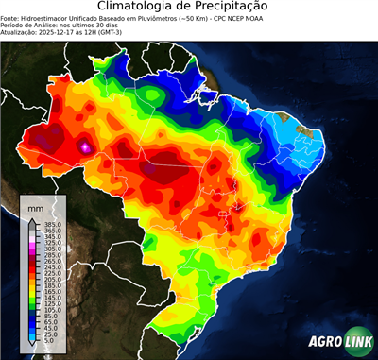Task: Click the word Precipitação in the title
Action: coord(233,7)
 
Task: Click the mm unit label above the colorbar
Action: coord(36,207)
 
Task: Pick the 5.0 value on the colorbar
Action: coord(46,342)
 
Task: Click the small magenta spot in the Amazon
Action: coord(86,146)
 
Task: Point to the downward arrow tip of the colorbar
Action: coord(31,347)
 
